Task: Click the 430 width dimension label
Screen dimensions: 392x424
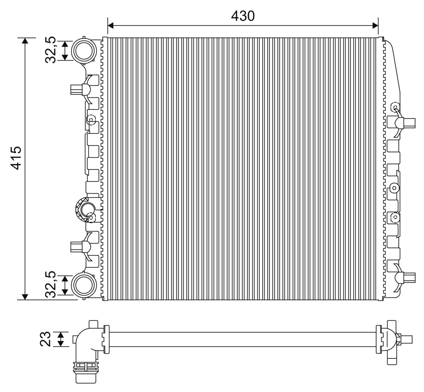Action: tap(243, 16)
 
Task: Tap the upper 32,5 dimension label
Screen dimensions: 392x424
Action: tap(51, 50)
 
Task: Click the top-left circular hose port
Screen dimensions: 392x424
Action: tap(84, 50)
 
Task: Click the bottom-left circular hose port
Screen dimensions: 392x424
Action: tap(84, 285)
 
